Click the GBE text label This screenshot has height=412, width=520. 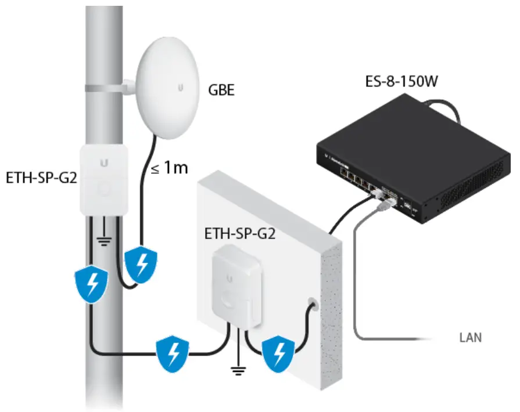click(x=221, y=91)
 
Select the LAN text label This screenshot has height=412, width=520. click(x=471, y=337)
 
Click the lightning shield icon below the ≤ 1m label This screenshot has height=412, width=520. click(x=142, y=264)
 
